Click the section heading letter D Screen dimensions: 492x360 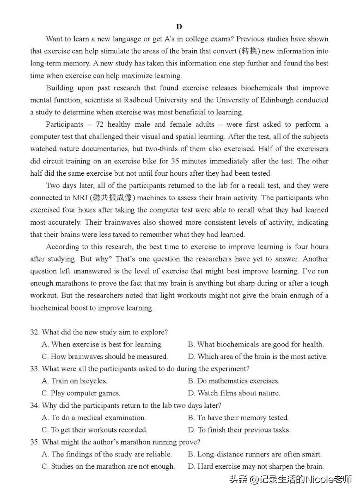click(179, 27)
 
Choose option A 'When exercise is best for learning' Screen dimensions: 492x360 click(102, 344)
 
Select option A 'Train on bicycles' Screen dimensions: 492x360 click(75, 381)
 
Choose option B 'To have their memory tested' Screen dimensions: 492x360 click(238, 418)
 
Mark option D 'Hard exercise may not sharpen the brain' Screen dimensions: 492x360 click(256, 467)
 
